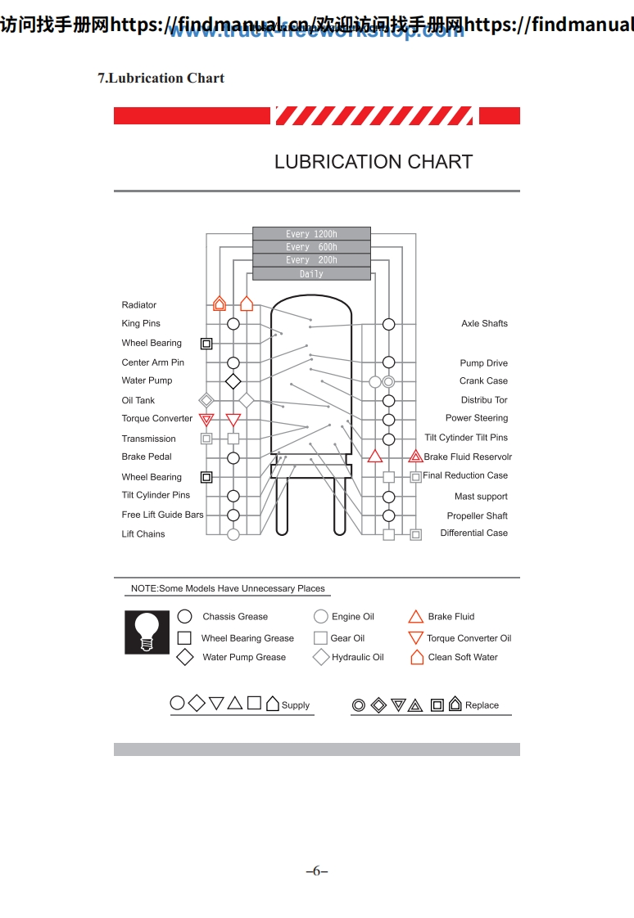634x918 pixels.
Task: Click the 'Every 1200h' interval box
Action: tap(311, 234)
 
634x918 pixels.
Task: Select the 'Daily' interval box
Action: tap(311, 274)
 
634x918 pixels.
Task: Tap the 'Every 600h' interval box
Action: tap(311, 247)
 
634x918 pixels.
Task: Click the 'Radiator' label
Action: tap(139, 305)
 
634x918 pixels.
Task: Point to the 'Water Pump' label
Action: tap(147, 380)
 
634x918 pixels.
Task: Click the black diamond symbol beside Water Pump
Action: tap(233, 381)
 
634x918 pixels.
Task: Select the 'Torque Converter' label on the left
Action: tap(157, 419)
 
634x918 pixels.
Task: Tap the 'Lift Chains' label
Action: tap(143, 534)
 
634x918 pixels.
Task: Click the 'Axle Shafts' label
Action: tap(484, 324)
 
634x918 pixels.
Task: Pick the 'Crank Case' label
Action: tap(483, 381)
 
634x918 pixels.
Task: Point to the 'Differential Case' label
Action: tap(473, 533)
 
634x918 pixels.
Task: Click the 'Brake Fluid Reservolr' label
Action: tap(468, 457)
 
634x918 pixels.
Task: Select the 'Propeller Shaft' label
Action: tap(477, 516)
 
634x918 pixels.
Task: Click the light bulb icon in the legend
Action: tap(147, 632)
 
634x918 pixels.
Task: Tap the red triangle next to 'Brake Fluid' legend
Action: tap(415, 617)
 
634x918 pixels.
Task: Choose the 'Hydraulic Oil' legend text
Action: tap(357, 658)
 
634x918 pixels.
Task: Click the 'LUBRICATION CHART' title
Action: tap(374, 162)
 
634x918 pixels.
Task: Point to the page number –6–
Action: tap(316, 871)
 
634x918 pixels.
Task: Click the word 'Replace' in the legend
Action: tap(482, 705)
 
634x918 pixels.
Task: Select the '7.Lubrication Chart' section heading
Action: tap(161, 79)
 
